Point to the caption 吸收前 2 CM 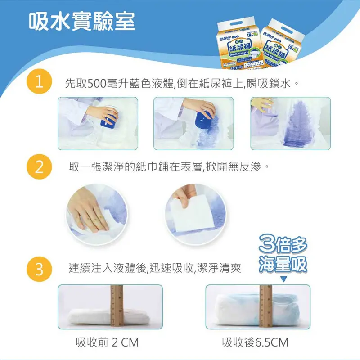[x=107, y=343]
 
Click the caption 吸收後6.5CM [x=255, y=343]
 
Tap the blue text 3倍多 [x=283, y=246]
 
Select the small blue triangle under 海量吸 [x=283, y=279]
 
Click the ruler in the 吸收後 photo [x=265, y=306]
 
